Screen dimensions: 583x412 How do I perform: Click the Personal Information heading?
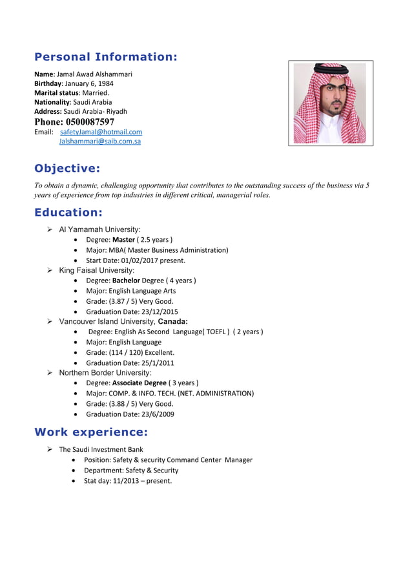(105, 56)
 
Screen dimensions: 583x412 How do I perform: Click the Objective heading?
(67, 169)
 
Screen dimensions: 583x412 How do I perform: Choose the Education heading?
(68, 212)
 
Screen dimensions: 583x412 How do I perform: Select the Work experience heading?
(90, 432)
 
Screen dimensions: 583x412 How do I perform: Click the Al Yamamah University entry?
(99, 229)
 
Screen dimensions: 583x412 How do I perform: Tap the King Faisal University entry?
(96, 270)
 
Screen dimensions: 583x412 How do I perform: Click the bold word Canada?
(173, 321)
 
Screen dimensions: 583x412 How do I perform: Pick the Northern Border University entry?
(105, 373)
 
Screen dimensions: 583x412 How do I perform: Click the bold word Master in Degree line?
(123, 240)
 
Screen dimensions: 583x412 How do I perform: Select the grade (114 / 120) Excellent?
(130, 352)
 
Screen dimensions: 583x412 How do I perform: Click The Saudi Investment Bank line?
(101, 449)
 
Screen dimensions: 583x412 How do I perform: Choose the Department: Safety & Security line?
(131, 471)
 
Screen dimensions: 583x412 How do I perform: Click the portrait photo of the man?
(330, 103)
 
